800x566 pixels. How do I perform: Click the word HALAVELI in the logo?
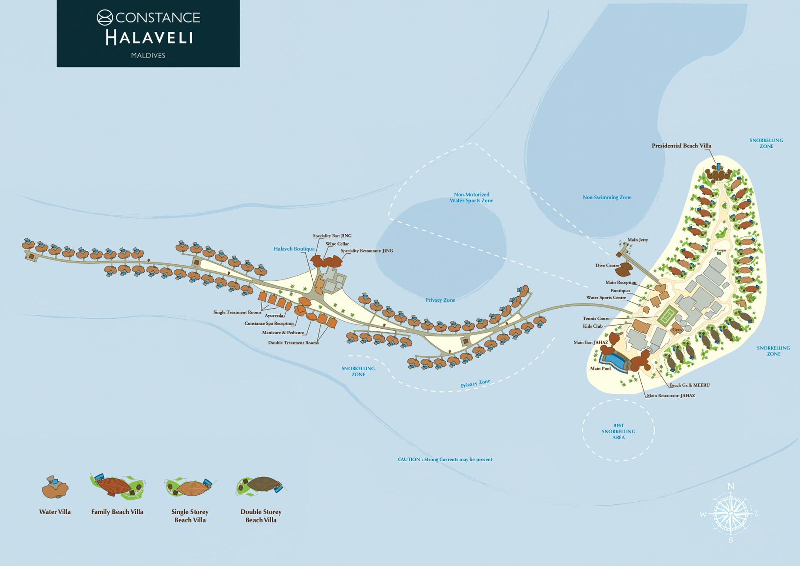point(149,38)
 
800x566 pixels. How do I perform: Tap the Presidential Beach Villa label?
point(681,146)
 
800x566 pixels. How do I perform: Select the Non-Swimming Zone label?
point(607,197)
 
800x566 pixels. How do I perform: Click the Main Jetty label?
point(637,240)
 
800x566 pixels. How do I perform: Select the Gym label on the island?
point(677,330)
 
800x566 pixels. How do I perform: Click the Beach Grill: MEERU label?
point(689,385)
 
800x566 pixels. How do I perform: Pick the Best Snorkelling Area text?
point(618,432)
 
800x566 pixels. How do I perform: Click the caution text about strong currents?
point(445,459)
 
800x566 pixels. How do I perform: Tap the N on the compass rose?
point(731,486)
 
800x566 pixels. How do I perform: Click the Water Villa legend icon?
point(55,488)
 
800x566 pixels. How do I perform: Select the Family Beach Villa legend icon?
point(117,486)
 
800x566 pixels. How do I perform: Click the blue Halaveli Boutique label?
point(294,249)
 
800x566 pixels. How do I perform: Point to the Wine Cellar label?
point(337,244)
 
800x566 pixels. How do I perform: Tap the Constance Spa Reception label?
point(269,323)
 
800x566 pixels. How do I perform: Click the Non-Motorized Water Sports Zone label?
point(471,198)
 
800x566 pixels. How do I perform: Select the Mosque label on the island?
point(720,250)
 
